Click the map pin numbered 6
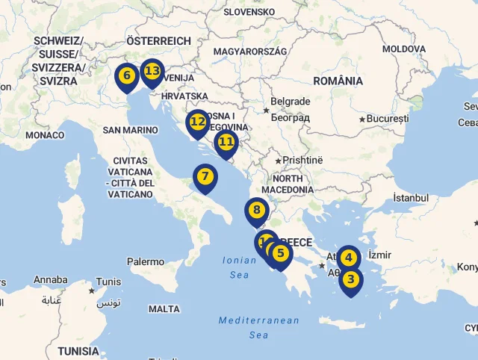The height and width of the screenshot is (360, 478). point(126,75)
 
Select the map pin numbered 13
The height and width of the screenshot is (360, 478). point(152,71)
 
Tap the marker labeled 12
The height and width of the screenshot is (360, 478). point(197,121)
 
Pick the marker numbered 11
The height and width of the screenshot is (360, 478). point(226,141)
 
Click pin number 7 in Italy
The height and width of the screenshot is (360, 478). point(205,177)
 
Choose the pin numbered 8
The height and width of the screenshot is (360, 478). point(256,211)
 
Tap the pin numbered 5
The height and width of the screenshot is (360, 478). point(281,253)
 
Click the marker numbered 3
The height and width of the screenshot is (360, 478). point(351,280)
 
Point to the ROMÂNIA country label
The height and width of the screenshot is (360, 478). point(338,81)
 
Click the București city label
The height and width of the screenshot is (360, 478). point(388,119)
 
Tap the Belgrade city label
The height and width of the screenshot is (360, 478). point(290,102)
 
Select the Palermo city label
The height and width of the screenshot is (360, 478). point(145,262)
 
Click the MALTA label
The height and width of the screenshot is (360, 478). point(164,308)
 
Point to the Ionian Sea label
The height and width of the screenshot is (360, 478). point(239,267)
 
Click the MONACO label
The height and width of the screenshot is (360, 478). point(45,135)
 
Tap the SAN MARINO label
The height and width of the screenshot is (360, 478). point(131,129)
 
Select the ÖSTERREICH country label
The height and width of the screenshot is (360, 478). point(158,40)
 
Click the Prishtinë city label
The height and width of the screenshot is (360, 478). point(302,160)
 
